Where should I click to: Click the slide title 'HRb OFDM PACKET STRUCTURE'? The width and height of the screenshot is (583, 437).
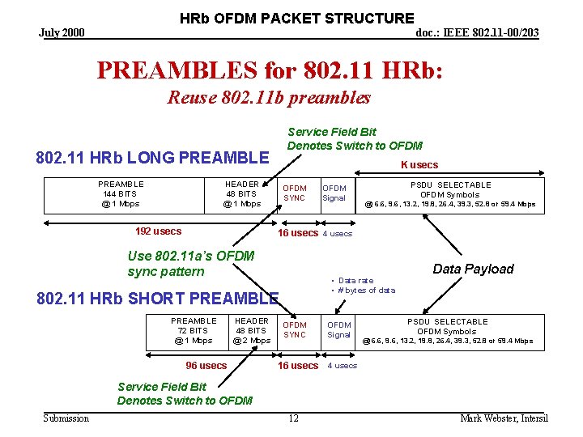[x=296, y=18]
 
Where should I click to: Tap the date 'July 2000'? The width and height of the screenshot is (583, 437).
[x=62, y=32]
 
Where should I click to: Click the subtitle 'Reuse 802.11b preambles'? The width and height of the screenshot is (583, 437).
[x=268, y=98]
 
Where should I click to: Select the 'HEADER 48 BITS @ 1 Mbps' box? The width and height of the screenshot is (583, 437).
[x=241, y=194]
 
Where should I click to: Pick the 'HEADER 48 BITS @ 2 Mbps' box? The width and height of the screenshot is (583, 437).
[x=251, y=331]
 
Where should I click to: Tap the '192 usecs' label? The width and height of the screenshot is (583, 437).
[x=159, y=231]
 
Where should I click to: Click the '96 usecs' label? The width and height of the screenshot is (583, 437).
[x=206, y=366]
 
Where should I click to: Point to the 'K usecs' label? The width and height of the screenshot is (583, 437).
[x=419, y=165]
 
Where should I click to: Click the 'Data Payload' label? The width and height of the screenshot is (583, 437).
[x=473, y=269]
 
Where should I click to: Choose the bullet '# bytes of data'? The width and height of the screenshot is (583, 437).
[x=365, y=290]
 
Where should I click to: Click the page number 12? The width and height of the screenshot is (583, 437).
[x=293, y=418]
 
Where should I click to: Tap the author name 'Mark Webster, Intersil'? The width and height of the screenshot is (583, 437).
[x=504, y=418]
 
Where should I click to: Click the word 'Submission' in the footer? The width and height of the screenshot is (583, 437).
[x=66, y=418]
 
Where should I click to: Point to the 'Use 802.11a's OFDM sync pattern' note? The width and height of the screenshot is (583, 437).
[x=191, y=264]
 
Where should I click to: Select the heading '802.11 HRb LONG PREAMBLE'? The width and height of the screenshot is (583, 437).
[x=152, y=157]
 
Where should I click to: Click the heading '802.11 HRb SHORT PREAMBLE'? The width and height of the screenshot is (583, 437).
[x=158, y=299]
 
